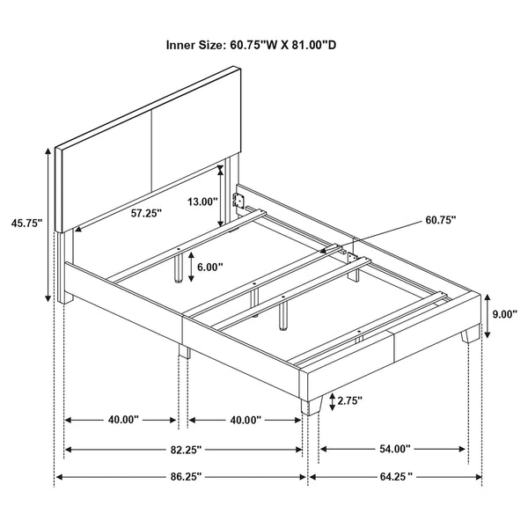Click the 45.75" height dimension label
[x=24, y=224]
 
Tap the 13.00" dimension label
[x=202, y=201]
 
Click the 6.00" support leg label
[x=209, y=266]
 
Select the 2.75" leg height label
[x=348, y=401]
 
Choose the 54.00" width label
[x=394, y=449]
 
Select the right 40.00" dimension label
[x=244, y=421]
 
